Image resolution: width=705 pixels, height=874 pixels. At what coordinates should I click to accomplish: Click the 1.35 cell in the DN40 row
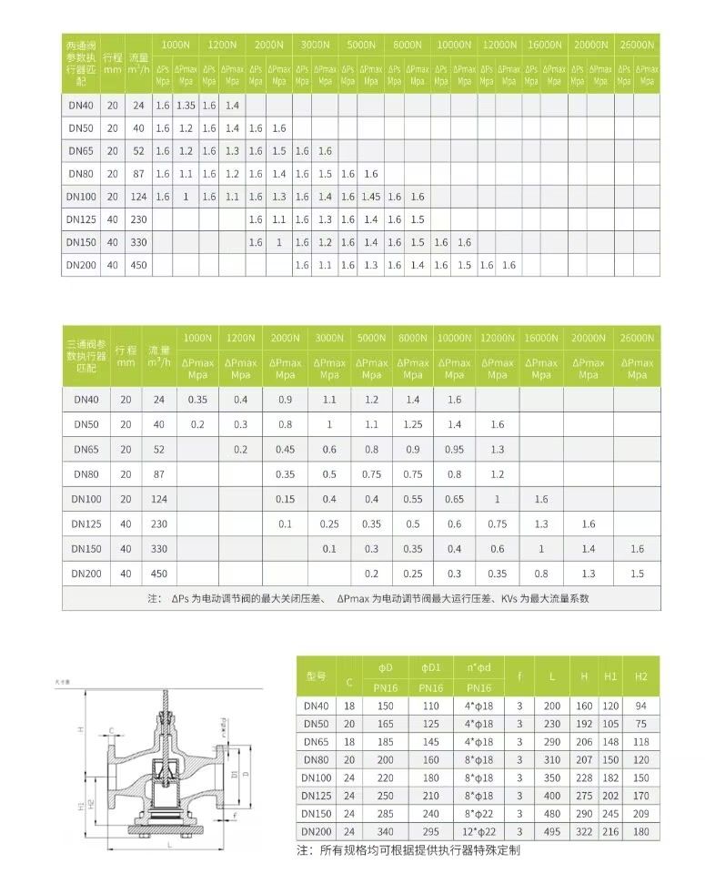tap(186, 105)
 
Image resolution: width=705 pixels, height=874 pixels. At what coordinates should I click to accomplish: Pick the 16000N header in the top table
tap(545, 44)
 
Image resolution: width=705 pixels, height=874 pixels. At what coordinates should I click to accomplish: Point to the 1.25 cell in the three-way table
tap(413, 423)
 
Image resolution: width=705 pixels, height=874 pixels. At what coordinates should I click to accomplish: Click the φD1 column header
tap(430, 667)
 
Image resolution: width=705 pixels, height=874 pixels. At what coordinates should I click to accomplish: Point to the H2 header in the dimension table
tap(641, 676)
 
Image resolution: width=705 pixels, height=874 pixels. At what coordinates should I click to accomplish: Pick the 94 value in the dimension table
tap(641, 706)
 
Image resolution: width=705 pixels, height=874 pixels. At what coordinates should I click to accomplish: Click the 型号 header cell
tap(316, 676)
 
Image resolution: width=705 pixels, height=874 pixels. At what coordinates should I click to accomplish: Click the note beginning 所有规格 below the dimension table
tap(408, 850)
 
